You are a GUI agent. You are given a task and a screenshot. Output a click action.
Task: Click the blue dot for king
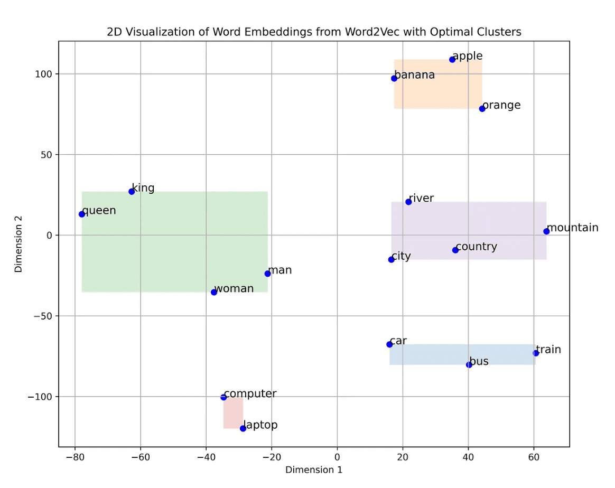(x=132, y=191)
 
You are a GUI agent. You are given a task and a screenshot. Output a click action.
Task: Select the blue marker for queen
(x=82, y=214)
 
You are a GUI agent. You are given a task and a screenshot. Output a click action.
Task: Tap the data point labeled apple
(x=452, y=59)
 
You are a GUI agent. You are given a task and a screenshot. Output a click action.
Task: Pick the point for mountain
(x=546, y=231)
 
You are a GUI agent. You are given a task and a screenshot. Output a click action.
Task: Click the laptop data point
(x=243, y=428)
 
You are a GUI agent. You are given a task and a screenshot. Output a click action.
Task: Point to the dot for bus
(x=469, y=364)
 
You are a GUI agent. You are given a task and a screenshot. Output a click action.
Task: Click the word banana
(x=415, y=75)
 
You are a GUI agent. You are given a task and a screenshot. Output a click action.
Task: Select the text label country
(x=476, y=247)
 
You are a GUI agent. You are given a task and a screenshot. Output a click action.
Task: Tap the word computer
(x=250, y=394)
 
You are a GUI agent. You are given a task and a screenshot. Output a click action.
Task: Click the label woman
(x=234, y=289)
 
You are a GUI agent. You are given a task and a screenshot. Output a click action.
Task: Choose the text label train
(x=548, y=350)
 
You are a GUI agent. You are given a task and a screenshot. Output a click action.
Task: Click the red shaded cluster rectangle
(x=233, y=413)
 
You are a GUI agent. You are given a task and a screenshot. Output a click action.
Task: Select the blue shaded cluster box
(x=462, y=354)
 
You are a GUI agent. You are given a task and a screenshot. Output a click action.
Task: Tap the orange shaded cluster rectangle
(x=437, y=84)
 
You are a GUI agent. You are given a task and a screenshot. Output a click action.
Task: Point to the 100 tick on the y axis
(x=45, y=74)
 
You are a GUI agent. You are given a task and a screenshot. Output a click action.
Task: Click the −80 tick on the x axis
(x=75, y=457)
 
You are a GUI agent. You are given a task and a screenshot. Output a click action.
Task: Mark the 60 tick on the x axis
(x=534, y=457)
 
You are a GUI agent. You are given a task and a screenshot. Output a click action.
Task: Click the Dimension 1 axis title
(x=314, y=470)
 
